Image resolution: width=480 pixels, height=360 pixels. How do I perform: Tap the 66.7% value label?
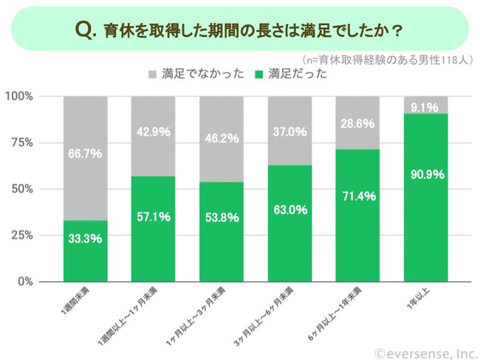click(85, 154)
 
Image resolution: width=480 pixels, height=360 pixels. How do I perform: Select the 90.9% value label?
click(426, 176)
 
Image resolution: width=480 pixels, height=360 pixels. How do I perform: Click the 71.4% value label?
click(358, 196)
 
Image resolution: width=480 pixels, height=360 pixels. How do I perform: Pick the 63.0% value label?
click(290, 210)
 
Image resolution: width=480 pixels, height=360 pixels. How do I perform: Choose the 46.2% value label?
click(222, 137)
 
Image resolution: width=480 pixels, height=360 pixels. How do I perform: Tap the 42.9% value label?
click(154, 132)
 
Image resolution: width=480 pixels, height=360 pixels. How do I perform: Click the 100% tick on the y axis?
click(19, 97)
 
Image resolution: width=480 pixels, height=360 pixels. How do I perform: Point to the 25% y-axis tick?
click(22, 235)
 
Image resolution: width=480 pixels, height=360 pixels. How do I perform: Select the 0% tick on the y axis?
click(25, 282)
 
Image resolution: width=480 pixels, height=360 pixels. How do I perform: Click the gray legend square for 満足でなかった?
click(153, 75)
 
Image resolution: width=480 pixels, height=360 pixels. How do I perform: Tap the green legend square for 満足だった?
click(258, 75)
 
